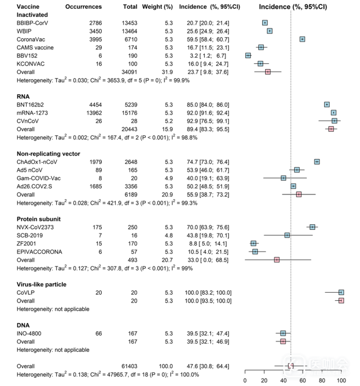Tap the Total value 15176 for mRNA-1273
click(x=128, y=113)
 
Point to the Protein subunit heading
click(x=38, y=219)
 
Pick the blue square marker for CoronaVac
click(x=302, y=39)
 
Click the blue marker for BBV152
click(x=248, y=55)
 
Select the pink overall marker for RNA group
click(x=331, y=129)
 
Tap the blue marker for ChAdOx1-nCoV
click(x=317, y=162)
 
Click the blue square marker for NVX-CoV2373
click(x=313, y=227)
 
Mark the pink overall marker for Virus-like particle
click(x=341, y=301)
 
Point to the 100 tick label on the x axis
click(x=341, y=380)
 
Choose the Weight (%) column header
click(x=157, y=7)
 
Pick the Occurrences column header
click(x=83, y=7)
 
